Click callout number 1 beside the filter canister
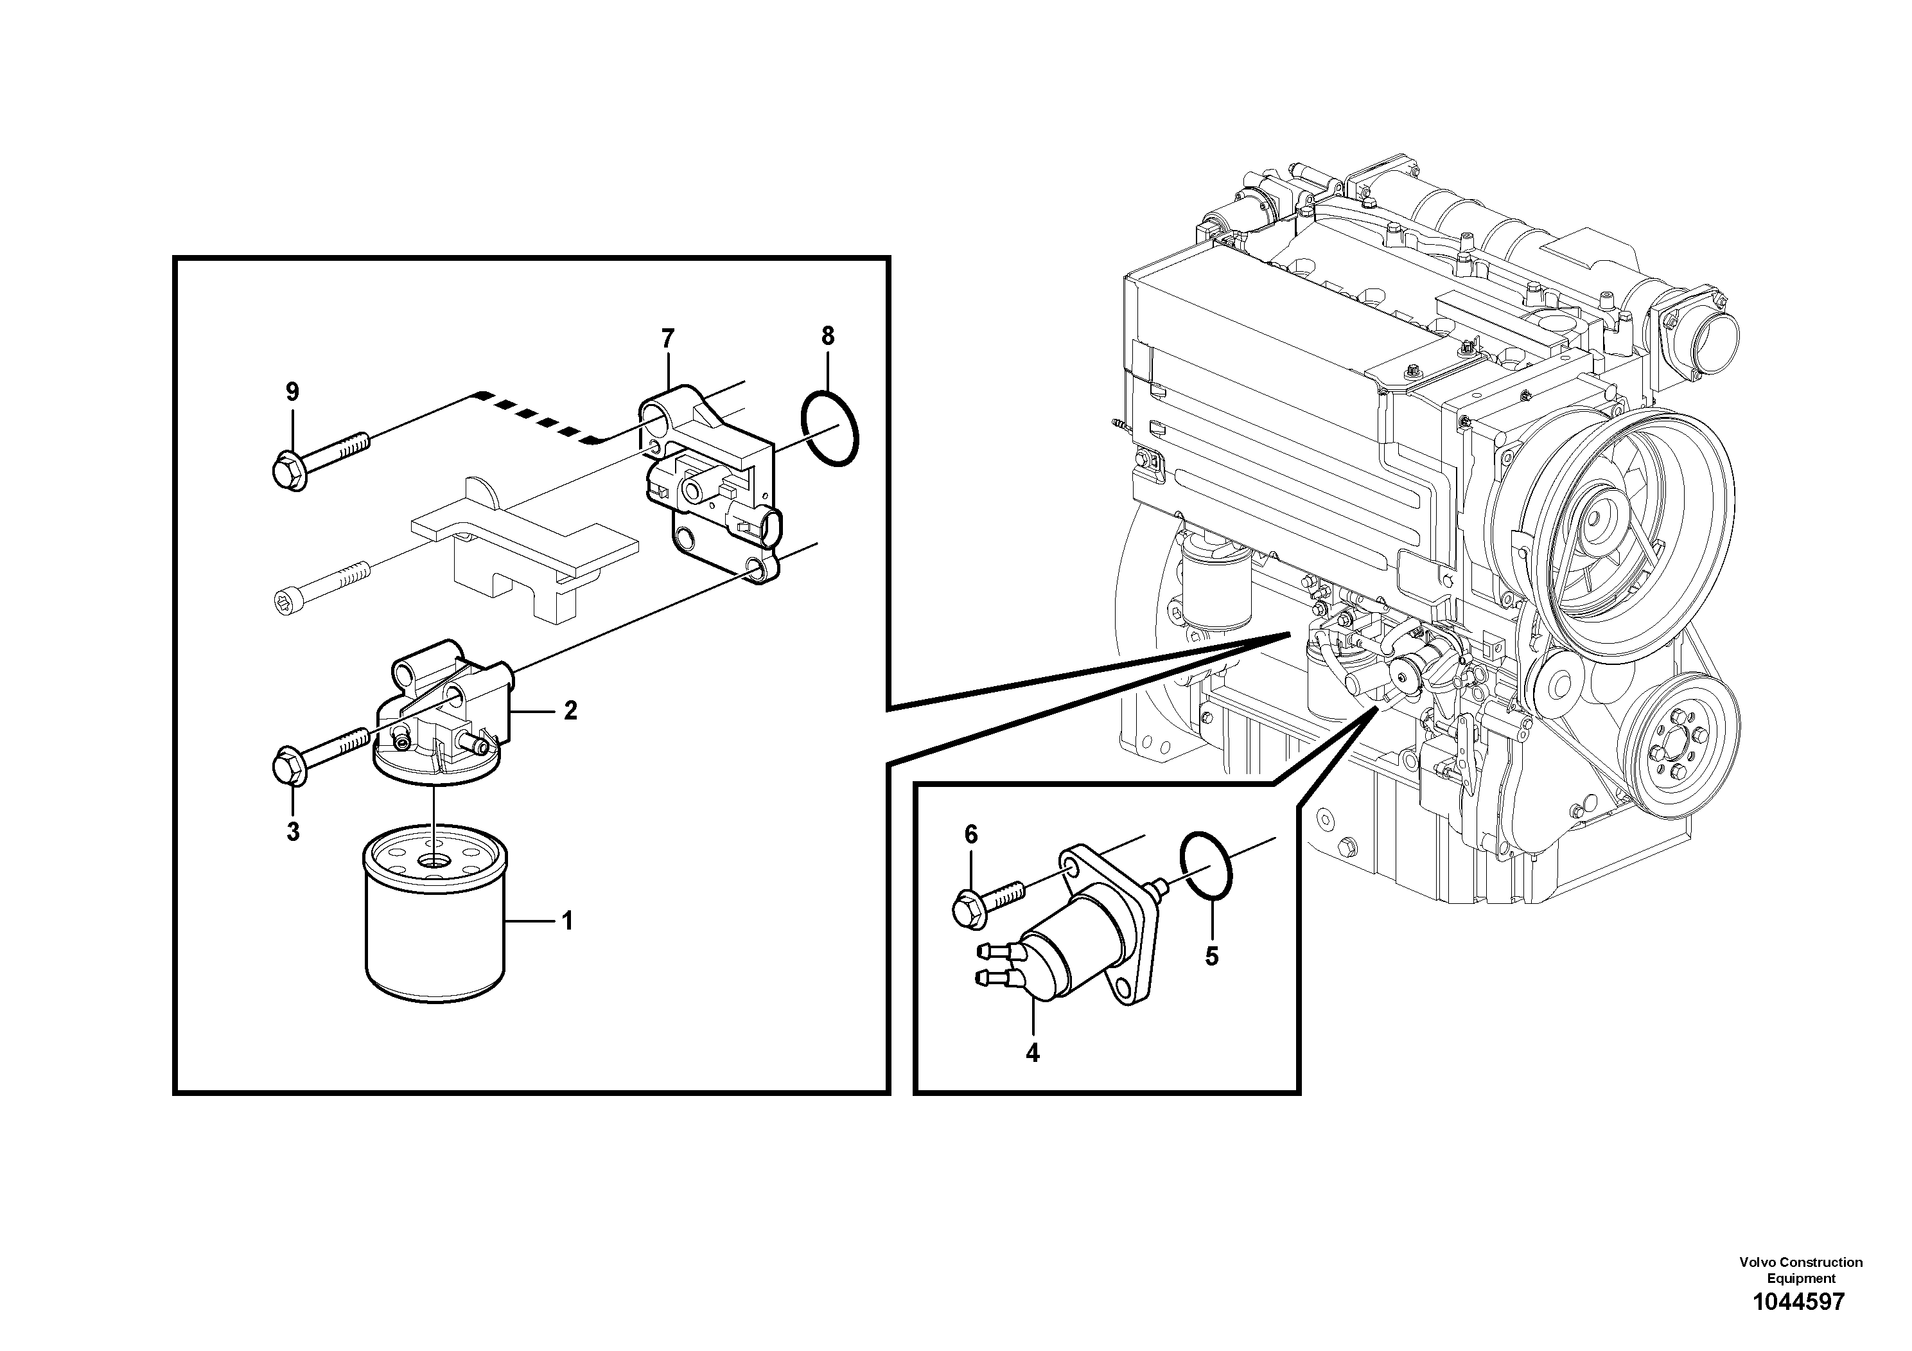click(x=567, y=921)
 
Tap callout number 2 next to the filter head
click(x=570, y=711)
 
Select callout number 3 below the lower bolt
click(x=293, y=831)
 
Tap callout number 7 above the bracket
click(x=667, y=339)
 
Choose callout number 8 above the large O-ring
click(x=827, y=337)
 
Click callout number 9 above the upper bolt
click(x=292, y=391)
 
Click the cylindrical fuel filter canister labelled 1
click(x=435, y=924)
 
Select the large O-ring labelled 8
click(x=829, y=429)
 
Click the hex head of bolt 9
click(x=286, y=472)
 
